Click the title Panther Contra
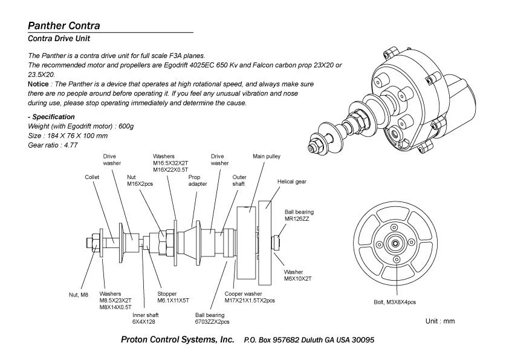[x=63, y=26]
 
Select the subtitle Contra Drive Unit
[x=59, y=39]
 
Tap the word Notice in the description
[x=39, y=83]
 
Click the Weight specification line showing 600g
[x=81, y=126]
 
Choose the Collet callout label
[x=92, y=177]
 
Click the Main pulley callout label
[x=267, y=157]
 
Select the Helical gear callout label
[x=292, y=182]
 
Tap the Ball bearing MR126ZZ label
[x=299, y=215]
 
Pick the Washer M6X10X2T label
[x=297, y=276]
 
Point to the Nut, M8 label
[x=79, y=295]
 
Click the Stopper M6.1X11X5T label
[x=173, y=297]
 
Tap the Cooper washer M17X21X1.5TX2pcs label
[x=250, y=297]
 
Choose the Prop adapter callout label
[x=198, y=180]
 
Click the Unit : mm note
[x=439, y=321]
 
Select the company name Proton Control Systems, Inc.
[x=178, y=340]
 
